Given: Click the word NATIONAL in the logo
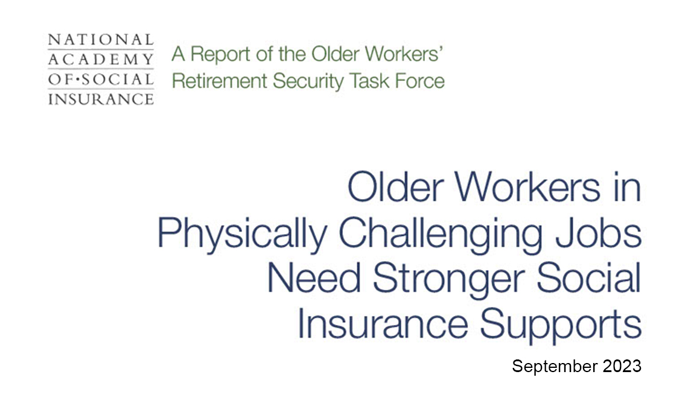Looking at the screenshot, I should tap(100, 40).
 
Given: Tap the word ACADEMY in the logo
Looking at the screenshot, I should tap(100, 60).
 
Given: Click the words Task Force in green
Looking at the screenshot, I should tap(393, 80).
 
